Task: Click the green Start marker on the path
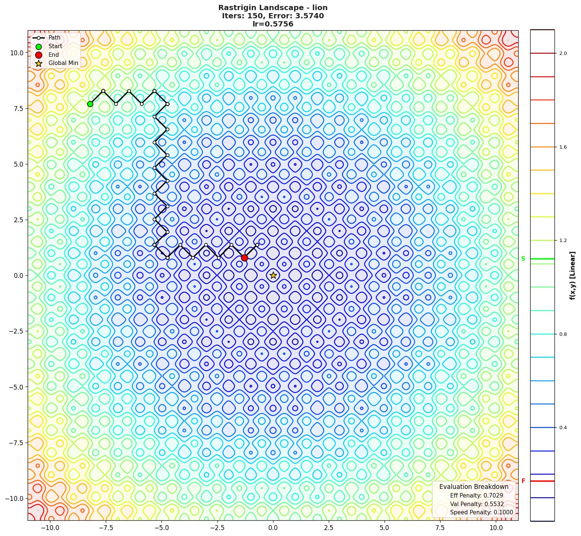[90, 104]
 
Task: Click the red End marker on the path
[244, 258]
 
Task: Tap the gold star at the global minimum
[273, 275]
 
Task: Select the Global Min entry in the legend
[63, 63]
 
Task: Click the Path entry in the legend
[54, 38]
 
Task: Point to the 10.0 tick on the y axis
[16, 53]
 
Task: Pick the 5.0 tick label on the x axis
[384, 528]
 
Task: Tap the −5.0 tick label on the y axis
[15, 387]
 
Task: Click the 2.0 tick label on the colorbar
[563, 53]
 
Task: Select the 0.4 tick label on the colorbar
[563, 428]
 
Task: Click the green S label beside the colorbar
[523, 259]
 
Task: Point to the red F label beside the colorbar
[523, 481]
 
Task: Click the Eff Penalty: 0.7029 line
[476, 496]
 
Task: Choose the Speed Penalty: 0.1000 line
[481, 512]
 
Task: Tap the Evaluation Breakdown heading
[474, 487]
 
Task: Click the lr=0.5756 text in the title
[273, 24]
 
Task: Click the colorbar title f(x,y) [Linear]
[572, 276]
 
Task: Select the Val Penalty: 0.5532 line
[477, 504]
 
